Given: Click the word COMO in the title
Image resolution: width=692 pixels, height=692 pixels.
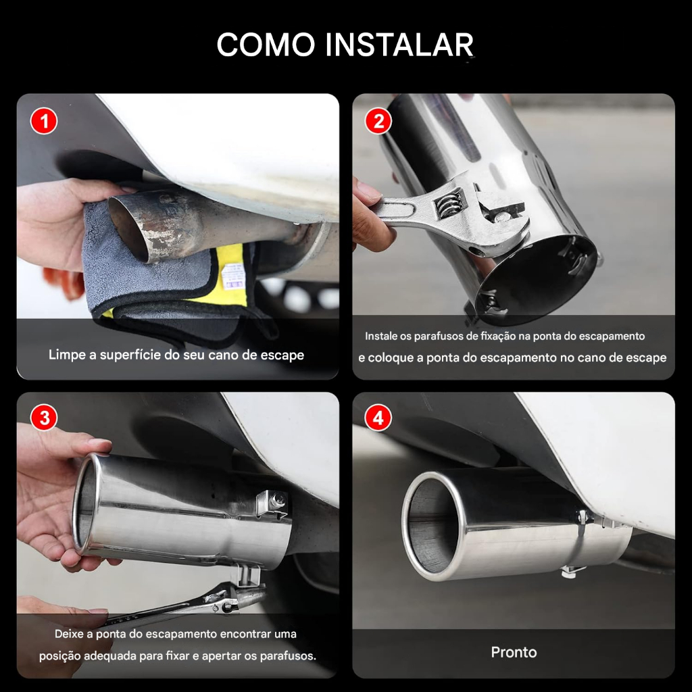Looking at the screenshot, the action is [x=266, y=45].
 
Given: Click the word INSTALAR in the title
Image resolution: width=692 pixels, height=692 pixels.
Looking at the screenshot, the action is [x=400, y=45].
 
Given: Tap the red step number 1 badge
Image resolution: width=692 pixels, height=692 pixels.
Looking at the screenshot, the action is [x=44, y=121].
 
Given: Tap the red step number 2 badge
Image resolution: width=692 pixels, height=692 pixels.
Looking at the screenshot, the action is [x=378, y=121].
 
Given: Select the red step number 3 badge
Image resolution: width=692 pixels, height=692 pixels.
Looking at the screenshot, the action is [x=44, y=418].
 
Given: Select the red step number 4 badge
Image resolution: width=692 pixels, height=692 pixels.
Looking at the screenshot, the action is [x=378, y=418].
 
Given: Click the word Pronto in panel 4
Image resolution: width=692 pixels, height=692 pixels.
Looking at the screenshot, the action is [x=514, y=652].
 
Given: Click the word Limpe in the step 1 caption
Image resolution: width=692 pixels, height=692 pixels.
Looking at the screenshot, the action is [x=68, y=355].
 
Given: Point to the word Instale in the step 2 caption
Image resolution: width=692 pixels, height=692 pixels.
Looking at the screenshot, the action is [x=381, y=337].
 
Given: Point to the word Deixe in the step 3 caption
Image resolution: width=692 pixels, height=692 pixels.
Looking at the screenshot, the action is [x=68, y=634].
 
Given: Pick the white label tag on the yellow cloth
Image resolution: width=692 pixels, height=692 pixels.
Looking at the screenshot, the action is [x=233, y=276].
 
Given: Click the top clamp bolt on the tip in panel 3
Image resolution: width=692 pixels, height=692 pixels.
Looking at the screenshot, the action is [x=276, y=499].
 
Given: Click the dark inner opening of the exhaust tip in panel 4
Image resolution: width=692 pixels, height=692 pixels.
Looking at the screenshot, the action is [x=431, y=525].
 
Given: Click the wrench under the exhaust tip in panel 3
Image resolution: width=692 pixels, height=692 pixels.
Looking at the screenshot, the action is [x=185, y=605].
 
